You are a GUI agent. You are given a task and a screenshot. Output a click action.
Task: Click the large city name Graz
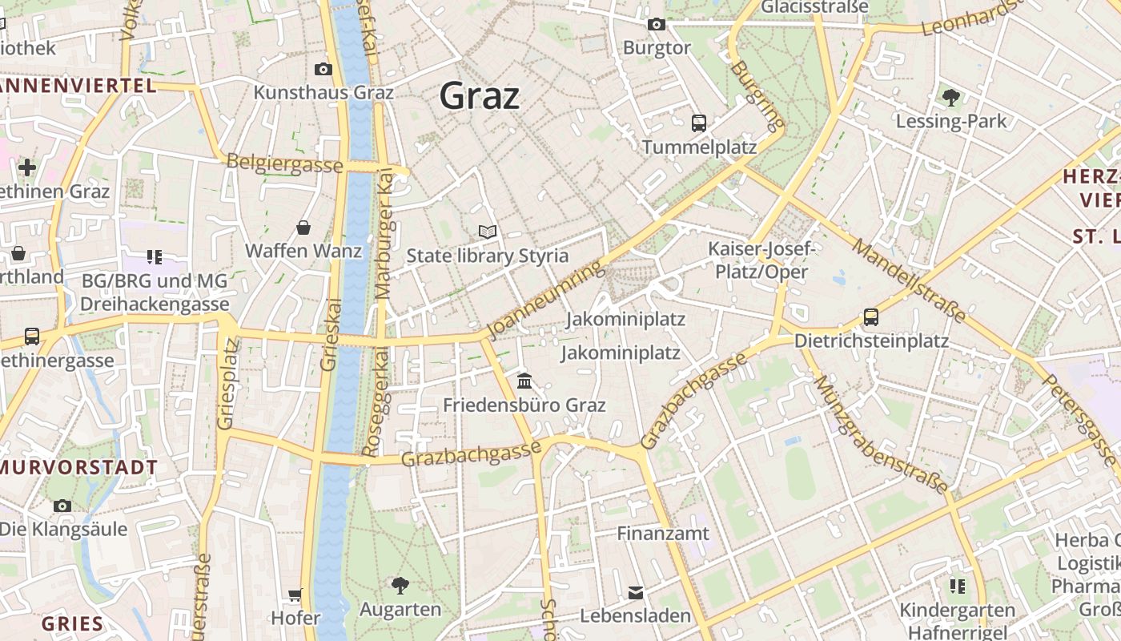point(480,96)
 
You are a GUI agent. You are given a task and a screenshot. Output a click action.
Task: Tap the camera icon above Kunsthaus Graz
point(323,69)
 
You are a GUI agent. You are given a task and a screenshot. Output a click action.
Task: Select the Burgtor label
point(657,48)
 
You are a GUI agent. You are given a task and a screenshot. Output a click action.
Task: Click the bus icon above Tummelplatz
point(699,123)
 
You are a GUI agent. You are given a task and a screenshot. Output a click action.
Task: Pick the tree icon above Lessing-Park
point(951,98)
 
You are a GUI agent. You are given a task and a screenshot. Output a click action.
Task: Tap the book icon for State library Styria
point(488,232)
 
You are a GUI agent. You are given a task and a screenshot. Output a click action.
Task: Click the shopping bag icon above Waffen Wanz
point(303,228)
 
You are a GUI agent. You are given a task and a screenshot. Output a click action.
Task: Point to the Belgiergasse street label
point(284,163)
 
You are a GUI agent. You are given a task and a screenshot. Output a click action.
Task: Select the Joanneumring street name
point(544,300)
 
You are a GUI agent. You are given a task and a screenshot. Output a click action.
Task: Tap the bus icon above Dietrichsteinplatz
point(871,317)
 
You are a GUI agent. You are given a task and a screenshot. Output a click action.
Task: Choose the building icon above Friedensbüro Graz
point(524,380)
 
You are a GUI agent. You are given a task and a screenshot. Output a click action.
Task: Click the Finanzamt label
point(663,533)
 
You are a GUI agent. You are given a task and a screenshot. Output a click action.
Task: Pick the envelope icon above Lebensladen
point(636,593)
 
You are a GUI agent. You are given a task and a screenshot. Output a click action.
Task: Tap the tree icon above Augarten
point(400,585)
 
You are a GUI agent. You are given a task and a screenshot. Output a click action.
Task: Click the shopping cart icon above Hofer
point(295,595)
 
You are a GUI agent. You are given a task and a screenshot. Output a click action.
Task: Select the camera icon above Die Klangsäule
point(62,506)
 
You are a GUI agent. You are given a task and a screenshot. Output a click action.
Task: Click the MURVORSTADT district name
point(78,467)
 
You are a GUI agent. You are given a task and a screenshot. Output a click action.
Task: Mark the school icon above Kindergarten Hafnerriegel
point(957,587)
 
